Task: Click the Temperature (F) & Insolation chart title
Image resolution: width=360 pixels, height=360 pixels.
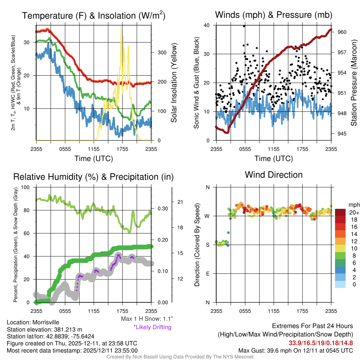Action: pyautogui.click(x=94, y=16)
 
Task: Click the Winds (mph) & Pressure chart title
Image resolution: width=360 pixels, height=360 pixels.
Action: pyautogui.click(x=274, y=15)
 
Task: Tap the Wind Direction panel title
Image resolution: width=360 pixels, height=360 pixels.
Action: pyautogui.click(x=274, y=175)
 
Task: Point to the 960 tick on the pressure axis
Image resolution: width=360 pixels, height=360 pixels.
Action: pyautogui.click(x=342, y=32)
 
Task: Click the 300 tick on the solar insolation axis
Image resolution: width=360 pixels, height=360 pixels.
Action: pyautogui.click(x=162, y=52)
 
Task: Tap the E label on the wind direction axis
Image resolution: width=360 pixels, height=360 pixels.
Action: pyautogui.click(x=208, y=274)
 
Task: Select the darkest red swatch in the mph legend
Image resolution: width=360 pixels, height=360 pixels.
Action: pyautogui.click(x=340, y=213)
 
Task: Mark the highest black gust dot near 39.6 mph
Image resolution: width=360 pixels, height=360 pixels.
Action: pyautogui.click(x=244, y=26)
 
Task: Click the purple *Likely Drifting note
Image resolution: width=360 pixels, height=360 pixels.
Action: pyautogui.click(x=152, y=327)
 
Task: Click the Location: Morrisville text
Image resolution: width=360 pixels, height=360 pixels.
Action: pyautogui.click(x=33, y=322)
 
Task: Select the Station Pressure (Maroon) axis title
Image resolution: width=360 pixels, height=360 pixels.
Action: pyautogui.click(x=354, y=83)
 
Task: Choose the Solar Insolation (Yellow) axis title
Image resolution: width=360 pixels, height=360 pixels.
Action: pyautogui.click(x=174, y=83)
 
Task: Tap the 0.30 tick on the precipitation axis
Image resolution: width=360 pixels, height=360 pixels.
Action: pyautogui.click(x=162, y=208)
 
